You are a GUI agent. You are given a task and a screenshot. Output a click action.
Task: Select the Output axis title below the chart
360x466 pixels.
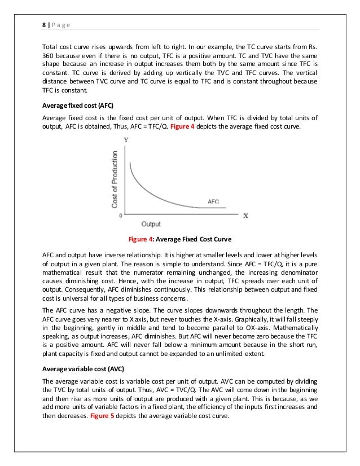coord(151,223)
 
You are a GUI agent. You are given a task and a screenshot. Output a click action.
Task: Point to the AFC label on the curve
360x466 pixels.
coord(213,201)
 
